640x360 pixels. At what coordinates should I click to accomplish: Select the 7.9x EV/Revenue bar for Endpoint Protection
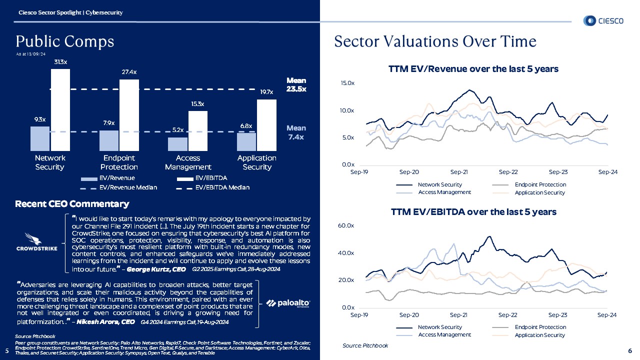coord(109,140)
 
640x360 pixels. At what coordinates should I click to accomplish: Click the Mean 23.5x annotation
coord(296,84)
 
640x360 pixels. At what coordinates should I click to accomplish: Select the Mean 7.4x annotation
coord(296,132)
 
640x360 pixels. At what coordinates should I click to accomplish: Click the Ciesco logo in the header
coord(603,20)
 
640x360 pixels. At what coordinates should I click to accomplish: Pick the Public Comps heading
coord(65,41)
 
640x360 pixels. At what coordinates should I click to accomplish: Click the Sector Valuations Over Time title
coord(435,41)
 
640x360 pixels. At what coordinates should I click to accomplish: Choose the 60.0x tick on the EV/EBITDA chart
coord(347,226)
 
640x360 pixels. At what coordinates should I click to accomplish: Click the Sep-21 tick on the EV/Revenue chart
coord(459,172)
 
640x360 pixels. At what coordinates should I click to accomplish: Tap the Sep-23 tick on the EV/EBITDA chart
coord(558,315)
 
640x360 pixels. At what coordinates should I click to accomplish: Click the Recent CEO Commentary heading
coord(72,204)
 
